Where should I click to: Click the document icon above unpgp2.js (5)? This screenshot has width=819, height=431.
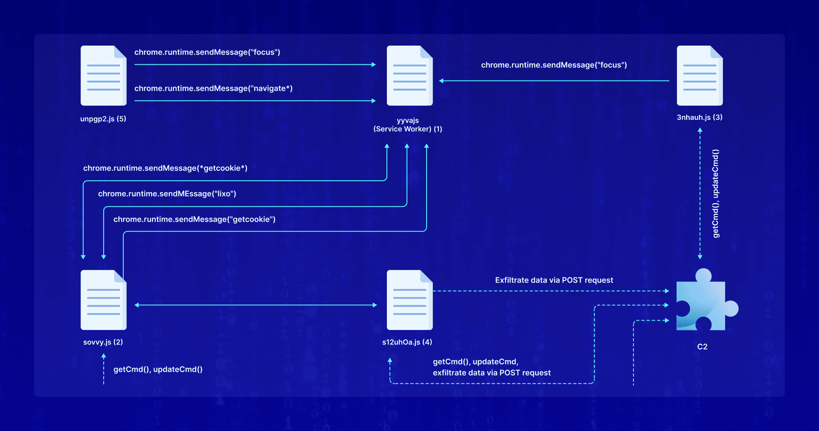pos(103,75)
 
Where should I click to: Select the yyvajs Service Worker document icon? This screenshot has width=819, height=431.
pos(409,75)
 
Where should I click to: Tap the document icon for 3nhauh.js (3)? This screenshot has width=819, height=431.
pos(700,75)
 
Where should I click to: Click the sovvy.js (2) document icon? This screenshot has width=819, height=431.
pos(103,300)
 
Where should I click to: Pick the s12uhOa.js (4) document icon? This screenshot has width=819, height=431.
pos(409,300)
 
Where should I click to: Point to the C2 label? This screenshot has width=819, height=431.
pos(702,347)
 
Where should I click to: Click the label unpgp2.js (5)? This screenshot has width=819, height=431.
pos(103,119)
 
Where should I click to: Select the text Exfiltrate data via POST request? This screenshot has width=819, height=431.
pos(554,280)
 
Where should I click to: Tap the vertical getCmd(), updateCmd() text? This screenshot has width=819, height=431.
pos(715,193)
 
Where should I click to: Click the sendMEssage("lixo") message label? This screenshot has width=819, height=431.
pos(167,194)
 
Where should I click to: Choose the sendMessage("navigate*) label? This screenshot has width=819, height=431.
pos(213,88)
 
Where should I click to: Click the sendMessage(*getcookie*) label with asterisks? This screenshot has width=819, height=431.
pos(165,168)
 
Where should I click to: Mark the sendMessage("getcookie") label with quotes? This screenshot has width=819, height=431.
pos(194,219)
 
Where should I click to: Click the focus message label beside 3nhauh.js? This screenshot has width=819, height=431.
pos(554,65)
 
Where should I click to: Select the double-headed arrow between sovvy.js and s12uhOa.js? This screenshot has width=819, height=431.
pos(256,305)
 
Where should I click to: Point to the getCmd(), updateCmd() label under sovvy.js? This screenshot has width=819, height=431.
pos(158,369)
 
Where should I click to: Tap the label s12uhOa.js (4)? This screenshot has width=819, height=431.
pos(407,342)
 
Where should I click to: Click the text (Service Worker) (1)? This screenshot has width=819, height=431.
pos(407,129)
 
